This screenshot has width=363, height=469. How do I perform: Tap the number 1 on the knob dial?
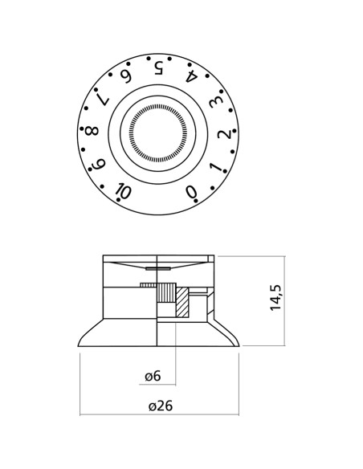point(215,168)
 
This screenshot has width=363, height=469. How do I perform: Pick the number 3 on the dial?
point(215,102)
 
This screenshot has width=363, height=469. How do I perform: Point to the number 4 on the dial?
point(191,77)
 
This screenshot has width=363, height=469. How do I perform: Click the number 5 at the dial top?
point(158,67)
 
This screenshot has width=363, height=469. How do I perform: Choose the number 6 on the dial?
point(126,76)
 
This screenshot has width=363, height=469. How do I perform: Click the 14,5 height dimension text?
point(276,297)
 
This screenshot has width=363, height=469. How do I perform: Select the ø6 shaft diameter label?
point(153,377)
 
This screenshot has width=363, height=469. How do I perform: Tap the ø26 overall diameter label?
point(160,406)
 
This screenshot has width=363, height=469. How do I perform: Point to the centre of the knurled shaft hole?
point(158,133)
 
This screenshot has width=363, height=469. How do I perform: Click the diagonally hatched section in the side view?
point(181,305)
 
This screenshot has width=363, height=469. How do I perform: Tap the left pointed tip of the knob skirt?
point(80,345)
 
